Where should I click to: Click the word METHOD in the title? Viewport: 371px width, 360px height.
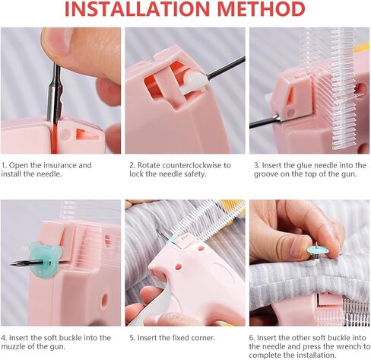pyautogui.click(x=261, y=9)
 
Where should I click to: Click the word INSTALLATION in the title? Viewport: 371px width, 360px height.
pyautogui.click(x=137, y=9)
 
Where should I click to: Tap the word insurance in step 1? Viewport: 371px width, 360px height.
pyautogui.click(x=59, y=165)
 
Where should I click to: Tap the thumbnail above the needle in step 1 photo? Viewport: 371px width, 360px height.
pyautogui.click(x=62, y=38)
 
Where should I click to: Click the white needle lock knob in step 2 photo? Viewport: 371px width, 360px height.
pyautogui.click(x=195, y=81)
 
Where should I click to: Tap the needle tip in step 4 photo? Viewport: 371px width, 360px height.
pyautogui.click(x=11, y=264)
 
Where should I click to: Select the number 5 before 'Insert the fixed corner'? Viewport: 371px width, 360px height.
pyautogui.click(x=132, y=338)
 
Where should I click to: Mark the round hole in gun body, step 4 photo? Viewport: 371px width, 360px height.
pyautogui.click(x=105, y=299)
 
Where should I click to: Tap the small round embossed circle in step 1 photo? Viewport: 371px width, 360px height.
pyautogui.click(x=65, y=134)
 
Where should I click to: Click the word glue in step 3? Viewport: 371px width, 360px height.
pyautogui.click(x=303, y=166)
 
